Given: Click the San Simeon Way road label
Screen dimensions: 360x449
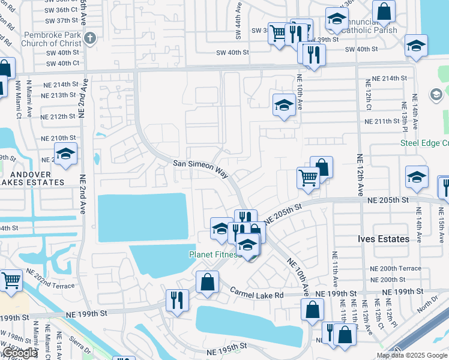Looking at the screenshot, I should pos(200,167).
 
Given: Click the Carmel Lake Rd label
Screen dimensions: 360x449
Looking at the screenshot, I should pos(257,293).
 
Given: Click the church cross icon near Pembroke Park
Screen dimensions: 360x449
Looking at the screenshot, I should pos(90,39).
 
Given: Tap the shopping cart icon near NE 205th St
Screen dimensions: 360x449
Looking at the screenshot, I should pos(308,177).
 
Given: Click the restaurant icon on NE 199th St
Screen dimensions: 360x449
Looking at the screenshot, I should pos(177,299).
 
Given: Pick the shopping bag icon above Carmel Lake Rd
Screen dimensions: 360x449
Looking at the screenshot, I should pos(207,282).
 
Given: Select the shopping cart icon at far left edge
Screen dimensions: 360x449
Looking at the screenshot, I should pos(11,280).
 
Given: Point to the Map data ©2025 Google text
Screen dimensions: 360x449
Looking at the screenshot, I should pos(412,355).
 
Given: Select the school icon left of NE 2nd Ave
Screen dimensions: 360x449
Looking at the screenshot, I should pos(65,154).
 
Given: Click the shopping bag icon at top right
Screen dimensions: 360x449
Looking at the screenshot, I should pos(384,10).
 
